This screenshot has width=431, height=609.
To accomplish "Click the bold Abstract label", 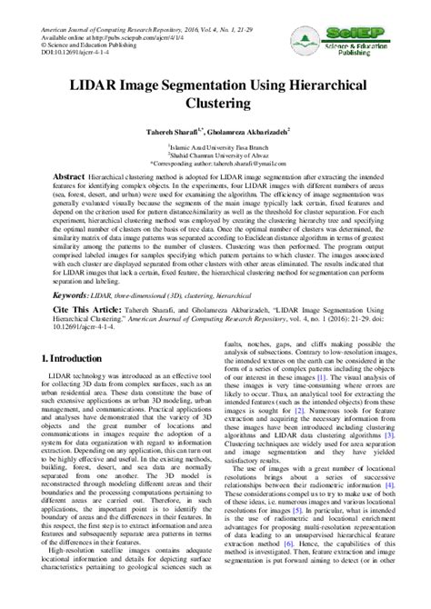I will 69,174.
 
